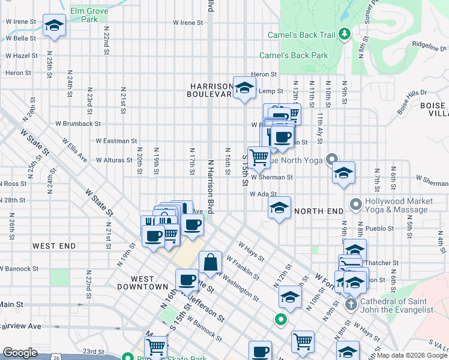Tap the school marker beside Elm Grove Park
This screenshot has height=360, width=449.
(55, 26)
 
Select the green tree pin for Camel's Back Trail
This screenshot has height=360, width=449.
(343, 34)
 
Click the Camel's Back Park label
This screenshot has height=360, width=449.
(294, 56)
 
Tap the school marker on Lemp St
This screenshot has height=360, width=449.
(244, 89)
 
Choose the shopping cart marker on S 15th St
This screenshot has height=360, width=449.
(259, 158)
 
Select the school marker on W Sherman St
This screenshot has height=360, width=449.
(343, 173)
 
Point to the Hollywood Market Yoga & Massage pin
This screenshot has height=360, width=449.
(355, 205)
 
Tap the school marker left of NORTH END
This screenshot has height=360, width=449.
(279, 208)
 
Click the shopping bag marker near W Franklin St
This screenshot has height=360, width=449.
(210, 262)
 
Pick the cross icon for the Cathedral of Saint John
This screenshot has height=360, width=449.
(352, 305)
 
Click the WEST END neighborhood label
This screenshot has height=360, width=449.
(54, 246)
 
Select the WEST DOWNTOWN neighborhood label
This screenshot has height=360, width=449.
(148, 283)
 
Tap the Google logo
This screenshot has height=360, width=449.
(20, 353)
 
